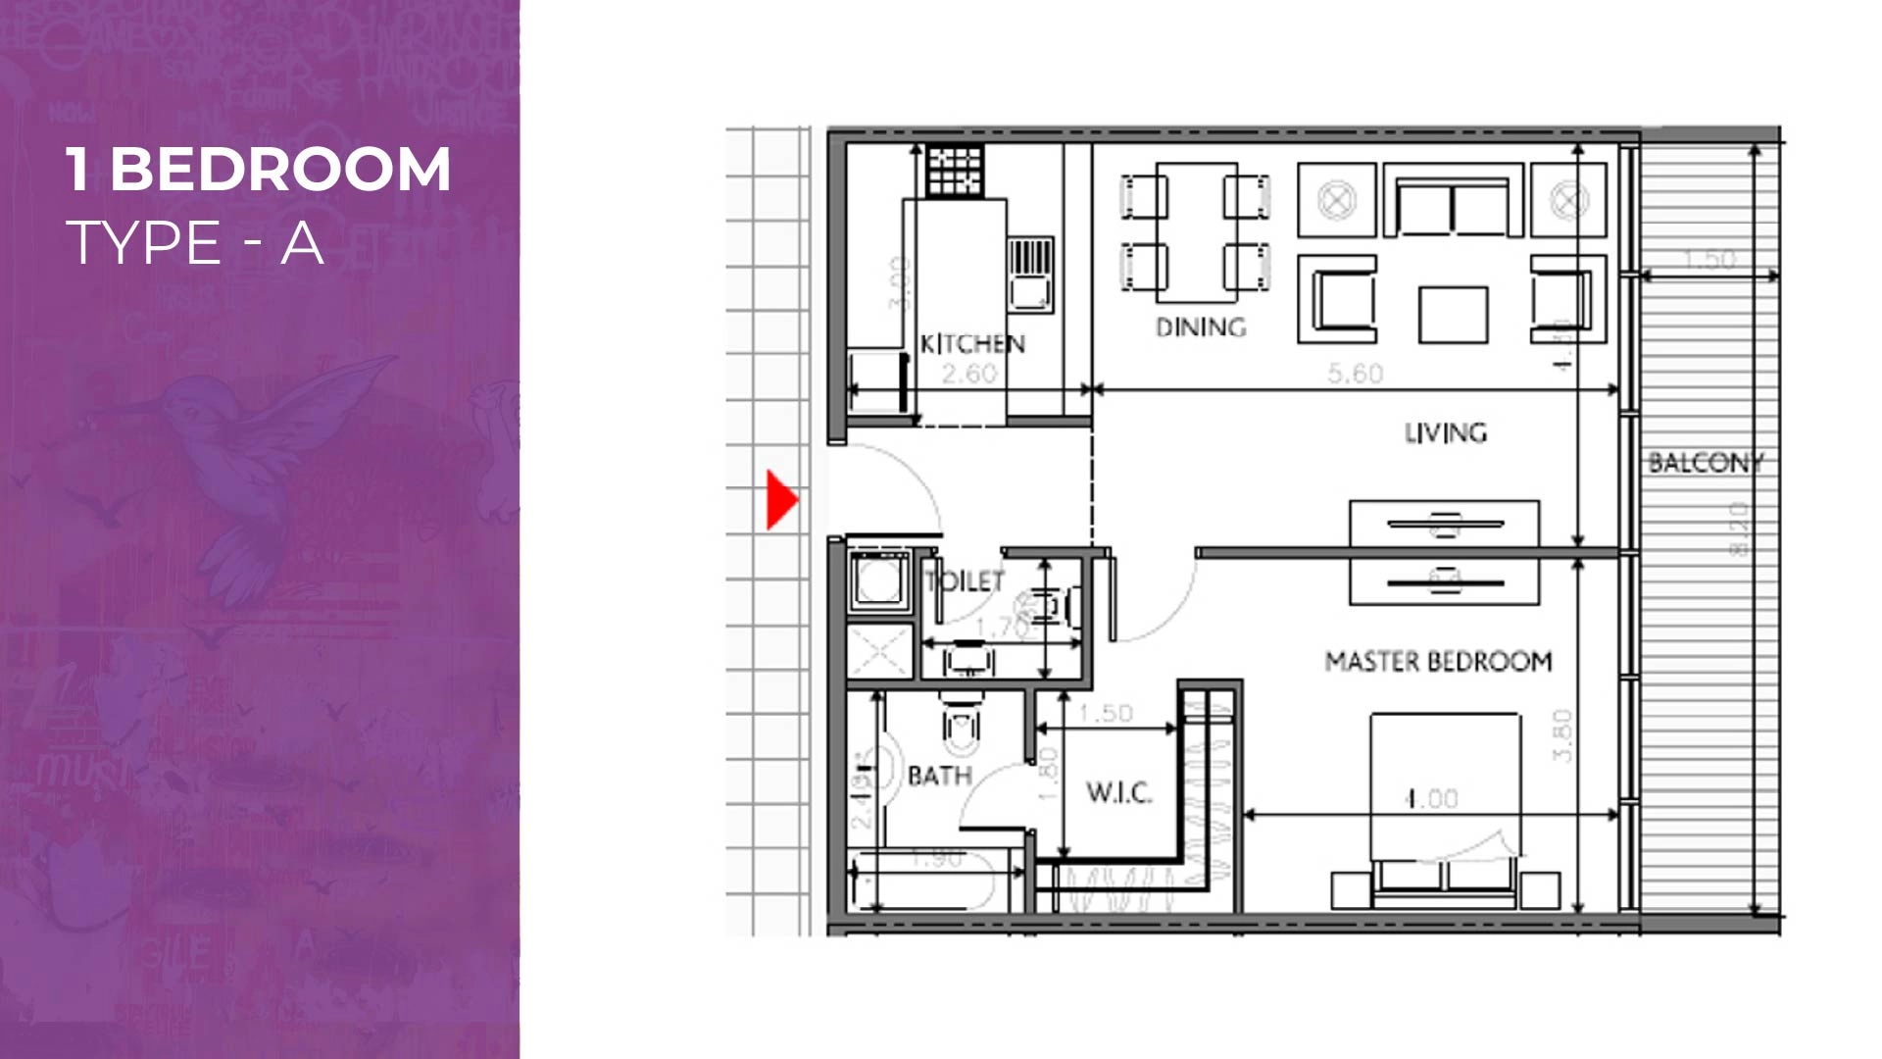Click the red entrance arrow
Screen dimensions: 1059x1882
(780, 500)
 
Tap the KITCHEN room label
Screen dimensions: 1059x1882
(971, 344)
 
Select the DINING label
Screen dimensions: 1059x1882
(1201, 328)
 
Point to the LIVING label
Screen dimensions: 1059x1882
(1445, 432)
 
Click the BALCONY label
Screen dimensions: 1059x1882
(1706, 462)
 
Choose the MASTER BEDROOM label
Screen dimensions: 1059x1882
(1438, 662)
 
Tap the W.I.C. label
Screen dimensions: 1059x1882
(1118, 792)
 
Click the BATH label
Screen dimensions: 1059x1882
(939, 777)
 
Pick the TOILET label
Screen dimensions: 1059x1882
(966, 581)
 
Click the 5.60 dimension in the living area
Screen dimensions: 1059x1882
(1356, 374)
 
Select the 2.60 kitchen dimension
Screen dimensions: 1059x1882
(968, 374)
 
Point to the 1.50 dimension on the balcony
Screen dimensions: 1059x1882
(1709, 260)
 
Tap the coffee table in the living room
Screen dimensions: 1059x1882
(1453, 314)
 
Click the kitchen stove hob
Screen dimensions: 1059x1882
(955, 172)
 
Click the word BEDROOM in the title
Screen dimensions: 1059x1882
(280, 169)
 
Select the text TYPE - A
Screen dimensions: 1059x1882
(194, 242)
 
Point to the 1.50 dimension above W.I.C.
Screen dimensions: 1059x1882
(1106, 713)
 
